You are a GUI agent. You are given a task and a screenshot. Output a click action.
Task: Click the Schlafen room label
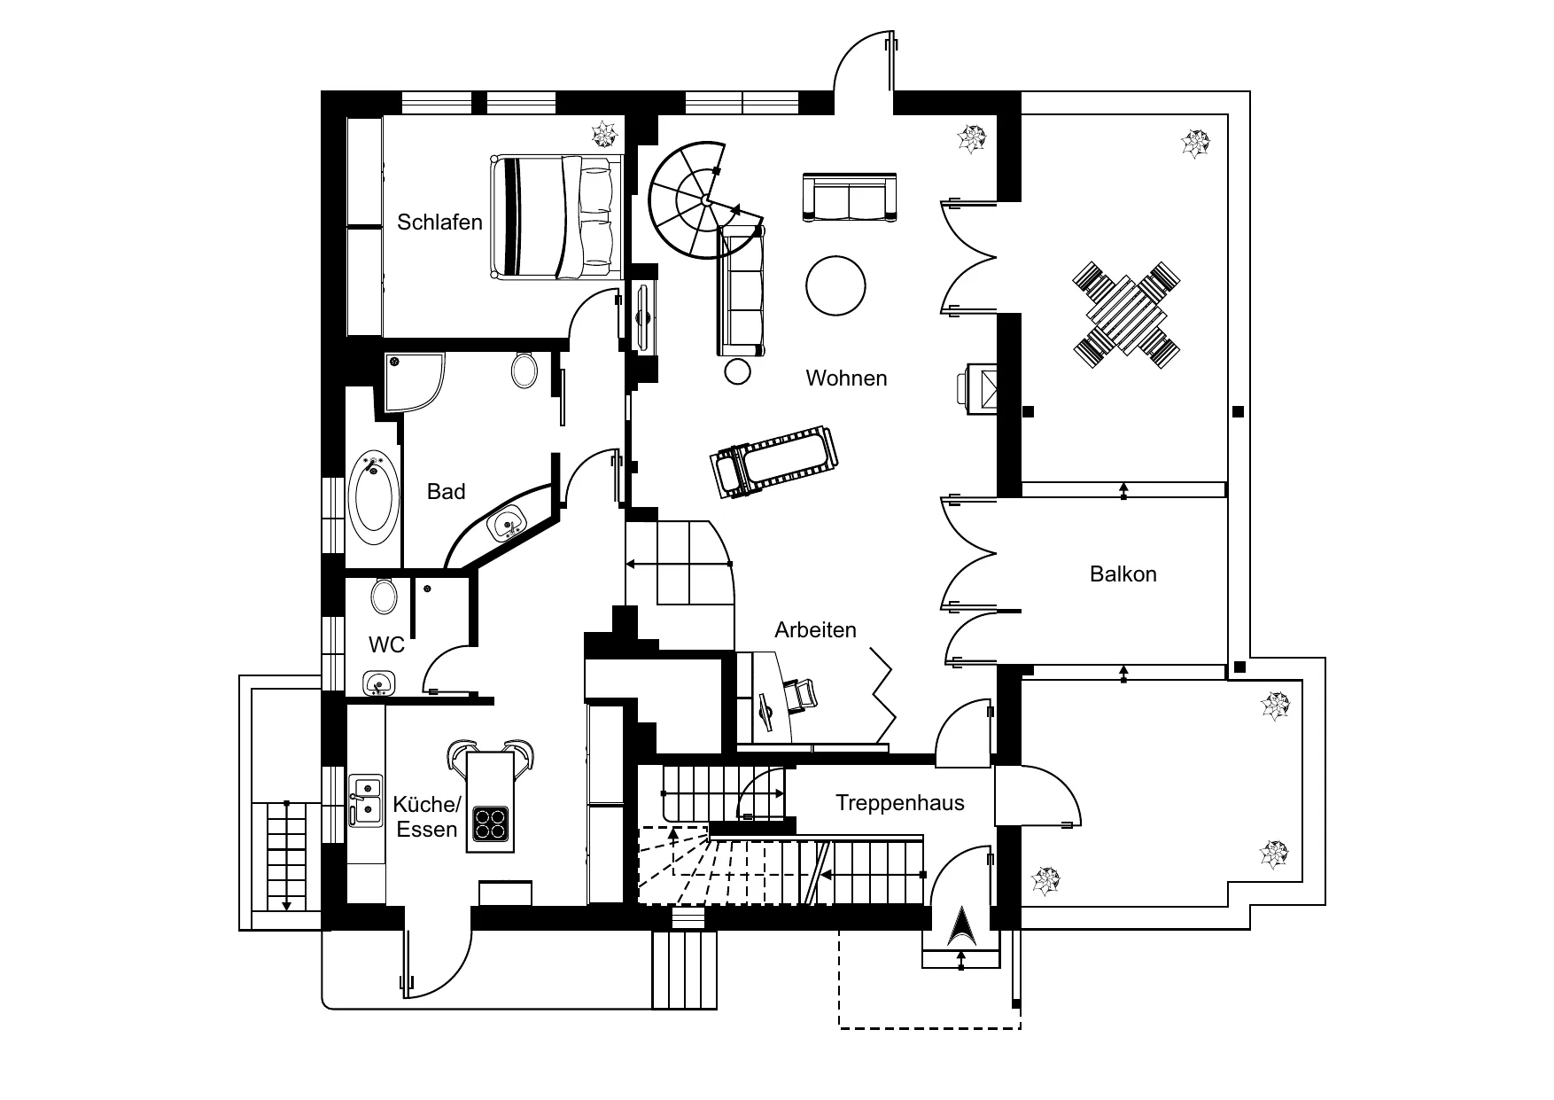(x=439, y=222)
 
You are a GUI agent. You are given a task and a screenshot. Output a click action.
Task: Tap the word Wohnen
(x=846, y=378)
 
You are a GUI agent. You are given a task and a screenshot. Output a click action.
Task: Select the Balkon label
(x=1123, y=574)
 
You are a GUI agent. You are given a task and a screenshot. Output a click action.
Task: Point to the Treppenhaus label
(x=899, y=804)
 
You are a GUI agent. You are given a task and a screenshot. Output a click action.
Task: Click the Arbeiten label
(x=815, y=630)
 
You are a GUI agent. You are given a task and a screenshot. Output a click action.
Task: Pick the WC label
(x=386, y=644)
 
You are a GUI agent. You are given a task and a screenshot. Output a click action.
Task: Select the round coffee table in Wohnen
(x=835, y=285)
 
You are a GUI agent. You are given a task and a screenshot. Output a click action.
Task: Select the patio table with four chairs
(x=1126, y=315)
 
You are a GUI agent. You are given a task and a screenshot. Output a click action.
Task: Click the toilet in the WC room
(x=384, y=595)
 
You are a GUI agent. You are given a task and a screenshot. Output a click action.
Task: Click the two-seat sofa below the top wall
(x=850, y=197)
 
